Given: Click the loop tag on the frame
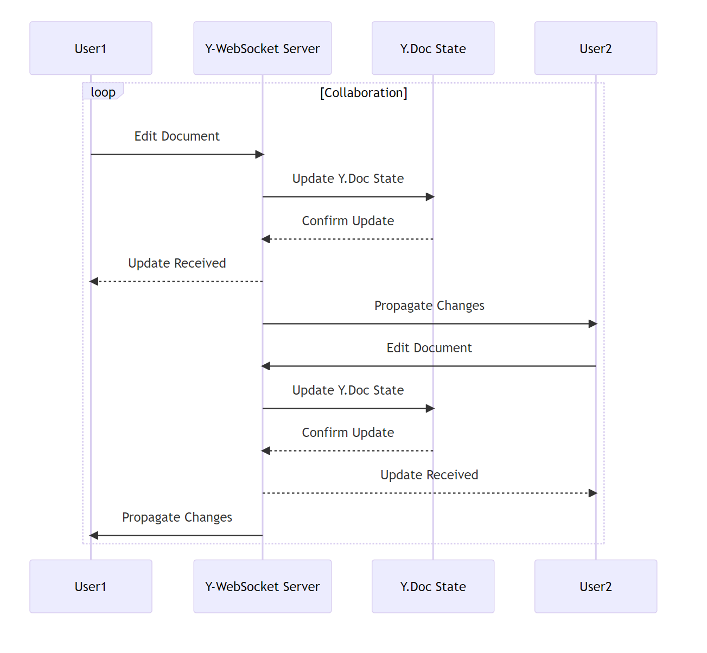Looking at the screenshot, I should (103, 92).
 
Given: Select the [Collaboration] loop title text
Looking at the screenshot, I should (364, 93).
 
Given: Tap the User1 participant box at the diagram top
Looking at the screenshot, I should (91, 48).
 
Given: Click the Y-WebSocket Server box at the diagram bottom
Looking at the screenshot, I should (262, 586).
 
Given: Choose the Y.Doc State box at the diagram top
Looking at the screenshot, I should (432, 48).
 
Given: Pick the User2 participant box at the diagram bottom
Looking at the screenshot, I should (595, 586).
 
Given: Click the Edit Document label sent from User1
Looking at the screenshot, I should (177, 136).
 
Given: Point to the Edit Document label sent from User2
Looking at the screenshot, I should (429, 348).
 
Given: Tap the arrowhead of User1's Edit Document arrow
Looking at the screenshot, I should (259, 155).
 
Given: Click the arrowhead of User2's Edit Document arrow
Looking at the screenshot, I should (266, 366).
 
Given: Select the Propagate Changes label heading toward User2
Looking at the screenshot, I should (429, 306).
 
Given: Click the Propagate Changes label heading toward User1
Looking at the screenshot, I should (177, 517).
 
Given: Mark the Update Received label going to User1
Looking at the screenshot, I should (177, 263).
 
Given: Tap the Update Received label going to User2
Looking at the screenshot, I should (429, 475).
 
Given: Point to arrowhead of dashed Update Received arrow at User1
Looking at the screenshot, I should (94, 282).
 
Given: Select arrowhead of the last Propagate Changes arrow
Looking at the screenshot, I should (94, 536).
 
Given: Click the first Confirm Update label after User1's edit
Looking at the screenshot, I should (348, 221).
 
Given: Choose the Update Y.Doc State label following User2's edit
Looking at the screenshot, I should (348, 390).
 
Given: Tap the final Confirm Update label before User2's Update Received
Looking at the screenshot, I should (348, 433).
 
